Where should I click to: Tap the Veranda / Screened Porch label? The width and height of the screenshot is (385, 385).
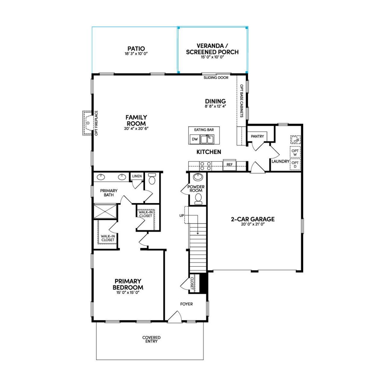click(x=212, y=49)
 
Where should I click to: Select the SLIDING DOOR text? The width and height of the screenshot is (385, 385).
click(x=216, y=78)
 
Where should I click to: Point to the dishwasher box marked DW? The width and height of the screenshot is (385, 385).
click(x=195, y=139)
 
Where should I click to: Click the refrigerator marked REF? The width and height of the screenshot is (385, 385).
click(x=229, y=165)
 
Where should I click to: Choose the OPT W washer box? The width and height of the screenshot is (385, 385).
click(x=295, y=152)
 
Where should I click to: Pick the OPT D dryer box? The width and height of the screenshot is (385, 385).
click(x=295, y=165)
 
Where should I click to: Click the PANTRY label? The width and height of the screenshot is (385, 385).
click(x=257, y=136)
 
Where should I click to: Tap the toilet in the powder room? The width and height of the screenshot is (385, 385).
click(x=198, y=199)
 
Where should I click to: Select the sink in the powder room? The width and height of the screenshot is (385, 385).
click(x=198, y=177)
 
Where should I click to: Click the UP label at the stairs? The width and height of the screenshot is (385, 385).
click(x=182, y=216)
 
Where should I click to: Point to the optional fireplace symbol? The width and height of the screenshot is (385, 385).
click(x=88, y=123)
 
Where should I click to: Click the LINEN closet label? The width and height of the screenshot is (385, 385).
click(x=137, y=176)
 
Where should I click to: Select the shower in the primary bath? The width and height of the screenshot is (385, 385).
click(x=105, y=211)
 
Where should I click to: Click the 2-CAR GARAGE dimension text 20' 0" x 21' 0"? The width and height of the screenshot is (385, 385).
click(x=253, y=224)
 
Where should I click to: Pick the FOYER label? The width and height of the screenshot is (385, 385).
click(x=186, y=304)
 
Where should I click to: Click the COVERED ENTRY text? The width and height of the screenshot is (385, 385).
click(x=151, y=339)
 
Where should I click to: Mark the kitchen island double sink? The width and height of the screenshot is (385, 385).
click(x=207, y=139)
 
